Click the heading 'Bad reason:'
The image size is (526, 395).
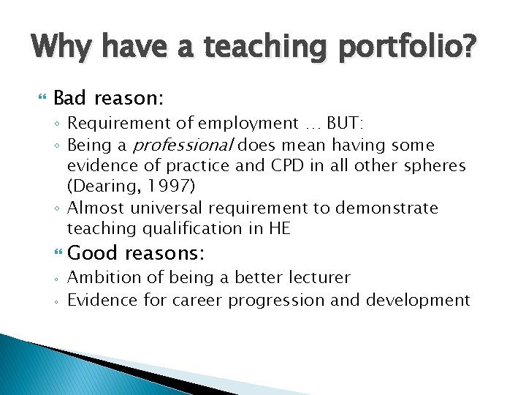(108, 97)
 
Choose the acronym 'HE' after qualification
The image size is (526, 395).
(280, 228)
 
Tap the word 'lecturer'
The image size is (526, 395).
(317, 278)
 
